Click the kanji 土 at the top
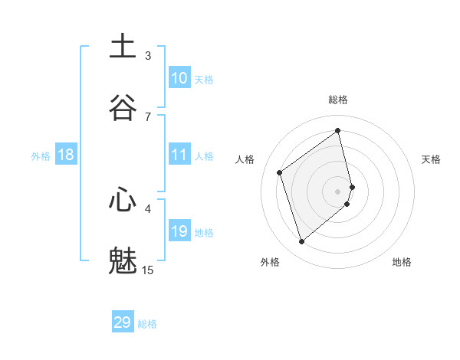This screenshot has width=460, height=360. click(123, 46)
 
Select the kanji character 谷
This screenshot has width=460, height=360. click(123, 106)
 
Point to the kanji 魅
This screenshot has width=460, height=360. click(123, 260)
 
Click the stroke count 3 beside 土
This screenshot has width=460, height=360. click(148, 55)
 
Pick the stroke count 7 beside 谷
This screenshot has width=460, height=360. click(148, 116)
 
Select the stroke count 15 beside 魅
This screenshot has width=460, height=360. click(148, 270)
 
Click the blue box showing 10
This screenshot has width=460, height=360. click(179, 78)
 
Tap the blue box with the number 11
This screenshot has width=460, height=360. click(179, 155)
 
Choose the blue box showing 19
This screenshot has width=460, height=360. click(179, 231)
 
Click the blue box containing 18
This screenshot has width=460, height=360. click(66, 155)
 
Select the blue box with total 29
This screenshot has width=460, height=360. click(123, 322)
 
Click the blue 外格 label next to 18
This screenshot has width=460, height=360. click(41, 155)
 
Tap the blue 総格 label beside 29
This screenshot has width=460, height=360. click(147, 324)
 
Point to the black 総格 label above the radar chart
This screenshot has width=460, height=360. click(338, 100)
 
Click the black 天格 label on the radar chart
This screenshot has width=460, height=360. click(431, 159)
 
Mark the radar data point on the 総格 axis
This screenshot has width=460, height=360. click(338, 130)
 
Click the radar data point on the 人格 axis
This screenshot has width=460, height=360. click(280, 172)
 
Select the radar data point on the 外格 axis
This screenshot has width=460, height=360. click(301, 242)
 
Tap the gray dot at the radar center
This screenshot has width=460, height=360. click(338, 191)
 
